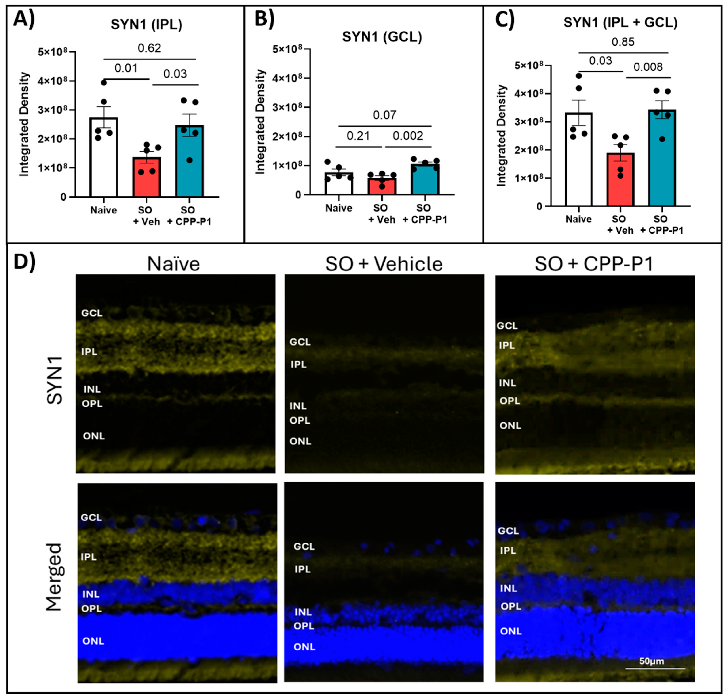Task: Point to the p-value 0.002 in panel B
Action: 408,136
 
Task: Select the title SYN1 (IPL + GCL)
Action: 620,23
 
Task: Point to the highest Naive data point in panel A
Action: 104,82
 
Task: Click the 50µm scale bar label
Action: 652,661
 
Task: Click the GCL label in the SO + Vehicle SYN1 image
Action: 300,342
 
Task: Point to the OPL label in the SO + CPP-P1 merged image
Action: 511,606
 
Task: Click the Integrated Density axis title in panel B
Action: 261,122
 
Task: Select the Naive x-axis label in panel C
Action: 578,219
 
